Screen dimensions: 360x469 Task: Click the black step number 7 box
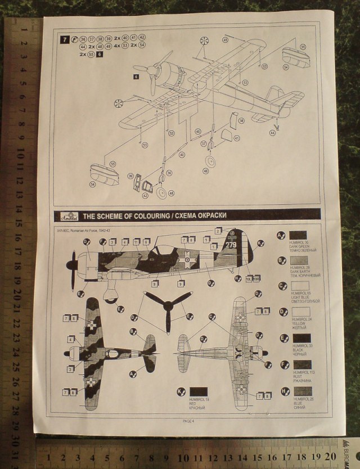click(x=65, y=39)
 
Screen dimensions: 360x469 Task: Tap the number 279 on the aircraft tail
click(x=231, y=245)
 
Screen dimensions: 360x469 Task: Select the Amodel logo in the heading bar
click(x=68, y=215)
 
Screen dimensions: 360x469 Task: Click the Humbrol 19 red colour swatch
click(x=200, y=391)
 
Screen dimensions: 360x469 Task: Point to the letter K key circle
click(x=181, y=391)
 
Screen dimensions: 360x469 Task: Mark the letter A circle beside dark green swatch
click(x=281, y=234)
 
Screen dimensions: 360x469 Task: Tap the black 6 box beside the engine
click(x=136, y=75)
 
